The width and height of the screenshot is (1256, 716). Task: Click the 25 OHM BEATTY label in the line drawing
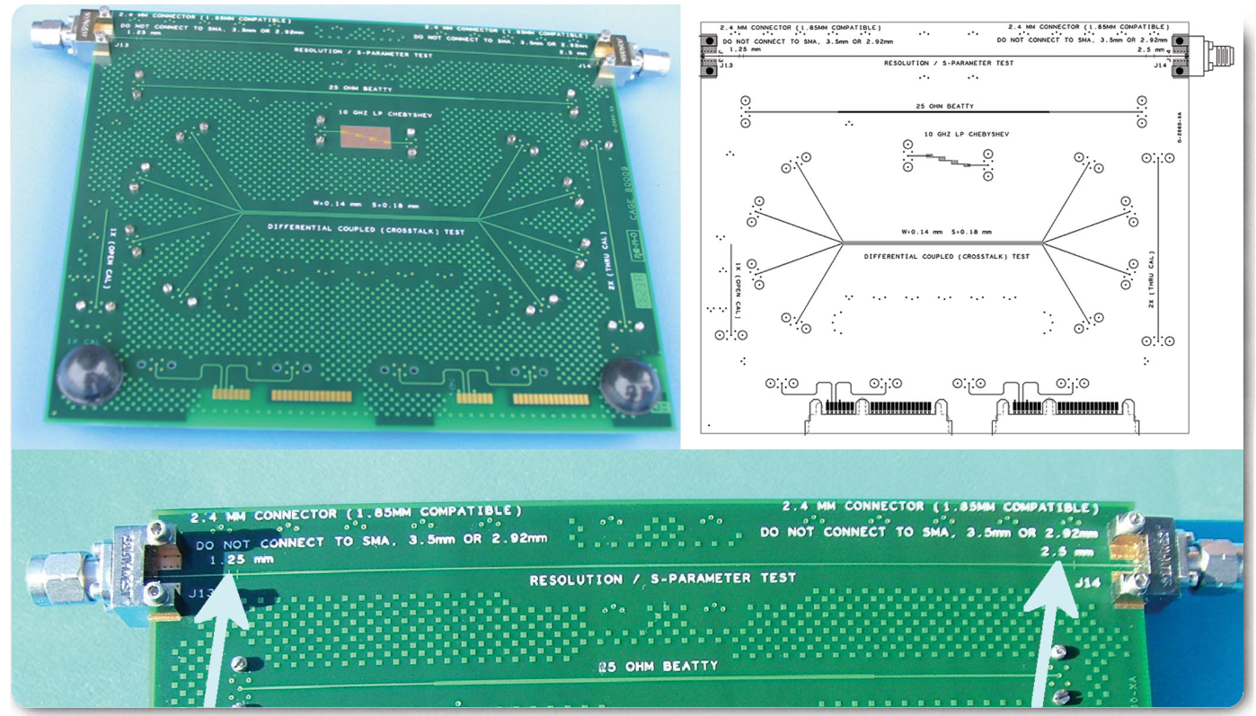[942, 106]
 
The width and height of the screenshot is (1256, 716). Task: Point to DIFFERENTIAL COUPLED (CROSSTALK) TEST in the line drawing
[946, 256]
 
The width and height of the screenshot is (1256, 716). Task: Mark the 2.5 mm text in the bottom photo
[1068, 551]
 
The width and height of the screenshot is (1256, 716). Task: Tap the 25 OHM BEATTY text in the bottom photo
[658, 667]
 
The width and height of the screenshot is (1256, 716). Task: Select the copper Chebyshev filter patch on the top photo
[364, 138]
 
